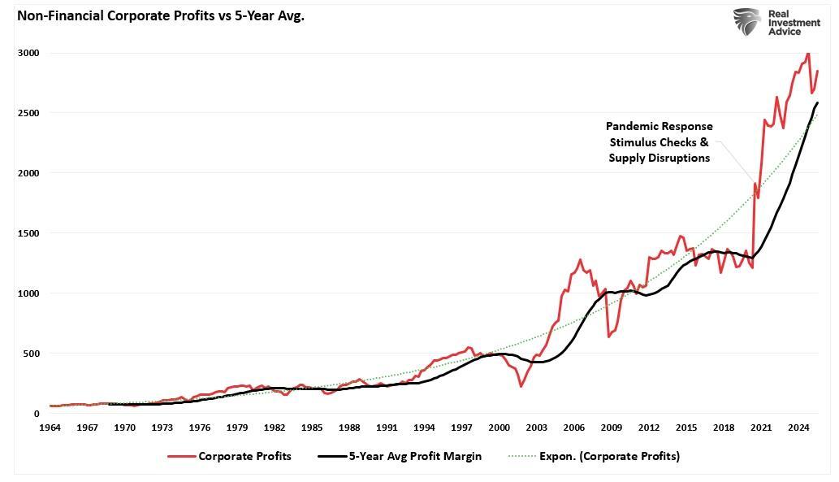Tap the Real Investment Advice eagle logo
(747, 21)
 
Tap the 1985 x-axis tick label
(312, 428)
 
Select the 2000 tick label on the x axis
(500, 428)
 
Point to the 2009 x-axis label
(612, 428)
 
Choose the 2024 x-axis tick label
(799, 428)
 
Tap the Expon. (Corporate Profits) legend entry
(596, 456)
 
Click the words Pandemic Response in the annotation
(659, 127)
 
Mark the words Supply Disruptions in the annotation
(659, 158)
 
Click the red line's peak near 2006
(580, 260)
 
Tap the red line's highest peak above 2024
(807, 54)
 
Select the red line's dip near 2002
(521, 386)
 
